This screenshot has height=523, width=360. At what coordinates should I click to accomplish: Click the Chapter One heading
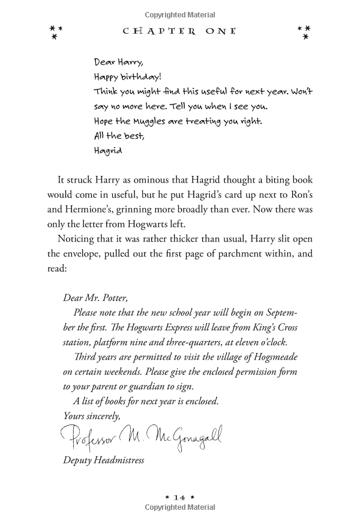tap(180, 31)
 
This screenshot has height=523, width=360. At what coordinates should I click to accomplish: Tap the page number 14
tap(180, 498)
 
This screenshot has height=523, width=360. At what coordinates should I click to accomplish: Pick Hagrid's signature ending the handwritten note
tap(108, 151)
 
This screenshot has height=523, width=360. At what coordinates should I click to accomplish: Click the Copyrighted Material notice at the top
tap(180, 14)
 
